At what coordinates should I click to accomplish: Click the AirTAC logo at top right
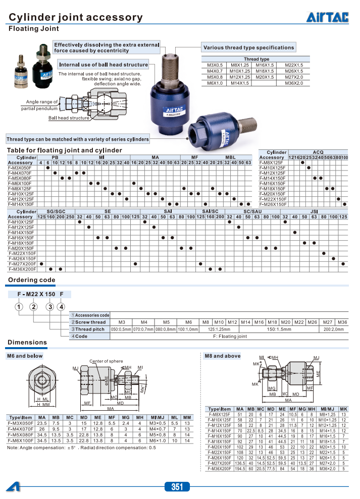[327, 18]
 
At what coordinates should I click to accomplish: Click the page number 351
[177, 487]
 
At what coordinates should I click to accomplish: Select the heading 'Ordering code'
[31, 280]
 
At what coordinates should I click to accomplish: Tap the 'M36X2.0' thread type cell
[293, 83]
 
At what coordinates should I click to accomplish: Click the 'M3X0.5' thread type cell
[215, 65]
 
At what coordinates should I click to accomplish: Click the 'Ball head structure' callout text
[69, 118]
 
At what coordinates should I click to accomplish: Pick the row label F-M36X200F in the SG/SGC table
[22, 269]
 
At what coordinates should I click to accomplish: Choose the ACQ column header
[318, 152]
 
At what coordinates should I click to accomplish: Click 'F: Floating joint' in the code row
[230, 336]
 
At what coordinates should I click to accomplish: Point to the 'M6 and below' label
[25, 356]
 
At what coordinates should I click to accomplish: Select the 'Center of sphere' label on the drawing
[106, 361]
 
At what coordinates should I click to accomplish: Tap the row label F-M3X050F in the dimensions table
[20, 423]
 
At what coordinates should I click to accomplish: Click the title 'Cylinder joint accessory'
[76, 18]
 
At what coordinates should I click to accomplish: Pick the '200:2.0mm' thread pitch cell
[333, 329]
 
